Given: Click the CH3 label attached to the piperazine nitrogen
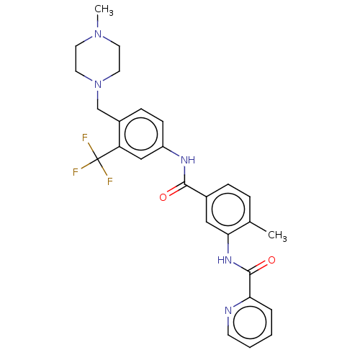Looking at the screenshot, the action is [x=104, y=10].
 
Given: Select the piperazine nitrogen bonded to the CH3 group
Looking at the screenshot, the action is [x=98, y=34].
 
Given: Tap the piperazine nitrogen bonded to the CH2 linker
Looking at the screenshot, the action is [x=98, y=84].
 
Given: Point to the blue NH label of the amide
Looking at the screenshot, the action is [x=188, y=160].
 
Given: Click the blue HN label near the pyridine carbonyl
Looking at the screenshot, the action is [x=225, y=260].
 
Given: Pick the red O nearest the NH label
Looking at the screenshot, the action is [x=163, y=197].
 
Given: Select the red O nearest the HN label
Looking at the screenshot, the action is [x=271, y=260].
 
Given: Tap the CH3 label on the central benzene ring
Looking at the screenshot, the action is [x=277, y=235].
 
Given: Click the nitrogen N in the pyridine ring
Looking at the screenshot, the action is [x=228, y=310].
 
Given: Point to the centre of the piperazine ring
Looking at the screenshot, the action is [x=98, y=59].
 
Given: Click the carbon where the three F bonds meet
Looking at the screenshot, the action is [x=97, y=159].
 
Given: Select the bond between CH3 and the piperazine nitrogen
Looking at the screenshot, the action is [x=98, y=22].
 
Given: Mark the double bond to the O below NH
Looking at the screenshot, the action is [x=176, y=190].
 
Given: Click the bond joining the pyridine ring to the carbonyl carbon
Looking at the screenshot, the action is [x=250, y=284].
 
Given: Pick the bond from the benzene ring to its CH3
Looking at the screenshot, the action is [x=258, y=227].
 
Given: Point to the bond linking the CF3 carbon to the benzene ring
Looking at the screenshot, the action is [x=109, y=153].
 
